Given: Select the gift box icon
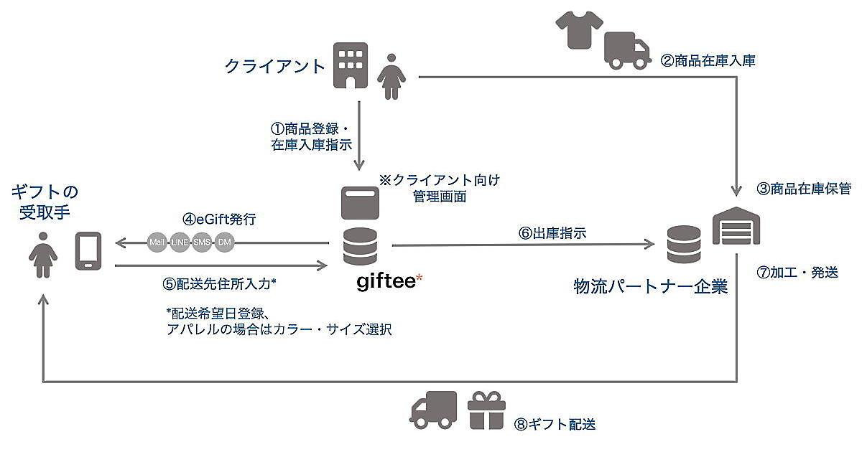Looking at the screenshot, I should (486, 411).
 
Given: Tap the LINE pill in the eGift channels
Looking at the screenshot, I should (180, 243).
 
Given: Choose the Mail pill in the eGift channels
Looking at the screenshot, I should (157, 243).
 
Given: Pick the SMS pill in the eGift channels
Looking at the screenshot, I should (202, 243).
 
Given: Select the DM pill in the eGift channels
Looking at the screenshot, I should (224, 243).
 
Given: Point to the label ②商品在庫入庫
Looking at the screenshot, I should (708, 61).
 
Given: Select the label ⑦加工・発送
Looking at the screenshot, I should (797, 273).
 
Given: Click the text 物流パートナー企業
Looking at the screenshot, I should (651, 287).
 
